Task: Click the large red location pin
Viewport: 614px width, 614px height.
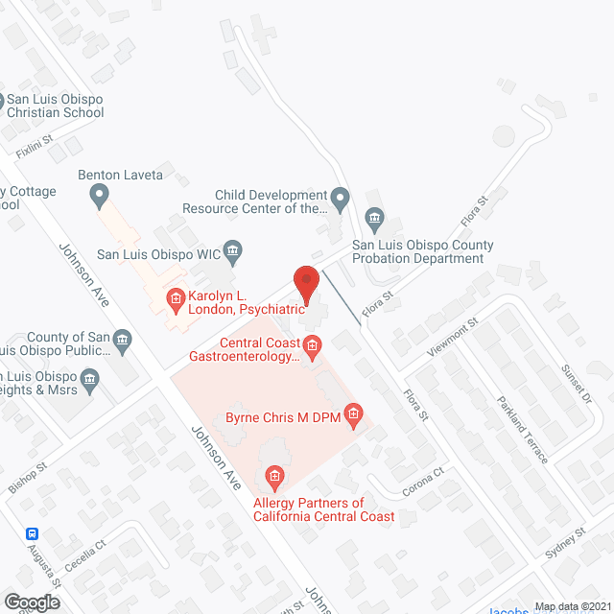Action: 305,284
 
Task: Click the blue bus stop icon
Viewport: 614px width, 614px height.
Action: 33,533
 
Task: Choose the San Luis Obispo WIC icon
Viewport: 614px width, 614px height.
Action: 232,253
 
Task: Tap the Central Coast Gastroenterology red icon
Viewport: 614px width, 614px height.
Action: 312,343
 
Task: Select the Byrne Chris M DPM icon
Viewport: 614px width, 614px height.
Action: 353,416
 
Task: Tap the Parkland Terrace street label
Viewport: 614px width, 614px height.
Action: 522,429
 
